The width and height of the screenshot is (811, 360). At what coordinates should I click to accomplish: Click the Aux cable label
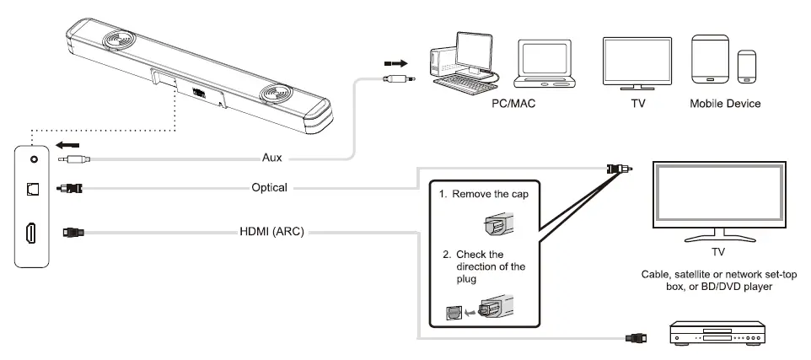coord(272,158)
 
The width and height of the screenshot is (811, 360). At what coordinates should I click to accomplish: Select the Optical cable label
coord(269,187)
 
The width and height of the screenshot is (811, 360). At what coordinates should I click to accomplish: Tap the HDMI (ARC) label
coord(271,232)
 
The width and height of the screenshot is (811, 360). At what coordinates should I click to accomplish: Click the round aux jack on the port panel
coord(34,159)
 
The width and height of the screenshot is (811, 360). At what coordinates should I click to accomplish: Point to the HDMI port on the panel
coord(31,234)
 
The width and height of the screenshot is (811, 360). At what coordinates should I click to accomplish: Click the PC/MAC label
coord(513,104)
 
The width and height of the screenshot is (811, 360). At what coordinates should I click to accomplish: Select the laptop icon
coord(544,63)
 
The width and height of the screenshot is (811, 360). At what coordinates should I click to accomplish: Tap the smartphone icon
coord(747,67)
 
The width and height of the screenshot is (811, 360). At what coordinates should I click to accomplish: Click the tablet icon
coord(710,59)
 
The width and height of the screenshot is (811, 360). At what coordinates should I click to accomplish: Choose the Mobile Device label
coord(725,104)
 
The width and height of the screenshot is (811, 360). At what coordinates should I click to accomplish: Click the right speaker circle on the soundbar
coord(276,94)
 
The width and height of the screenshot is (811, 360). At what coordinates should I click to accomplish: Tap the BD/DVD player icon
coord(717,333)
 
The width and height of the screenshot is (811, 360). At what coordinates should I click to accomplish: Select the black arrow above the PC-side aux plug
coord(395,63)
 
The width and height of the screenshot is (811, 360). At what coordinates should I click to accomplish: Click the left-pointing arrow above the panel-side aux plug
coord(68,145)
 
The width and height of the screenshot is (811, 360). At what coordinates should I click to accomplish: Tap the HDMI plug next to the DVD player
coord(636,338)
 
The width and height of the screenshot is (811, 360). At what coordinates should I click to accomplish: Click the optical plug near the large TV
coord(619,169)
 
